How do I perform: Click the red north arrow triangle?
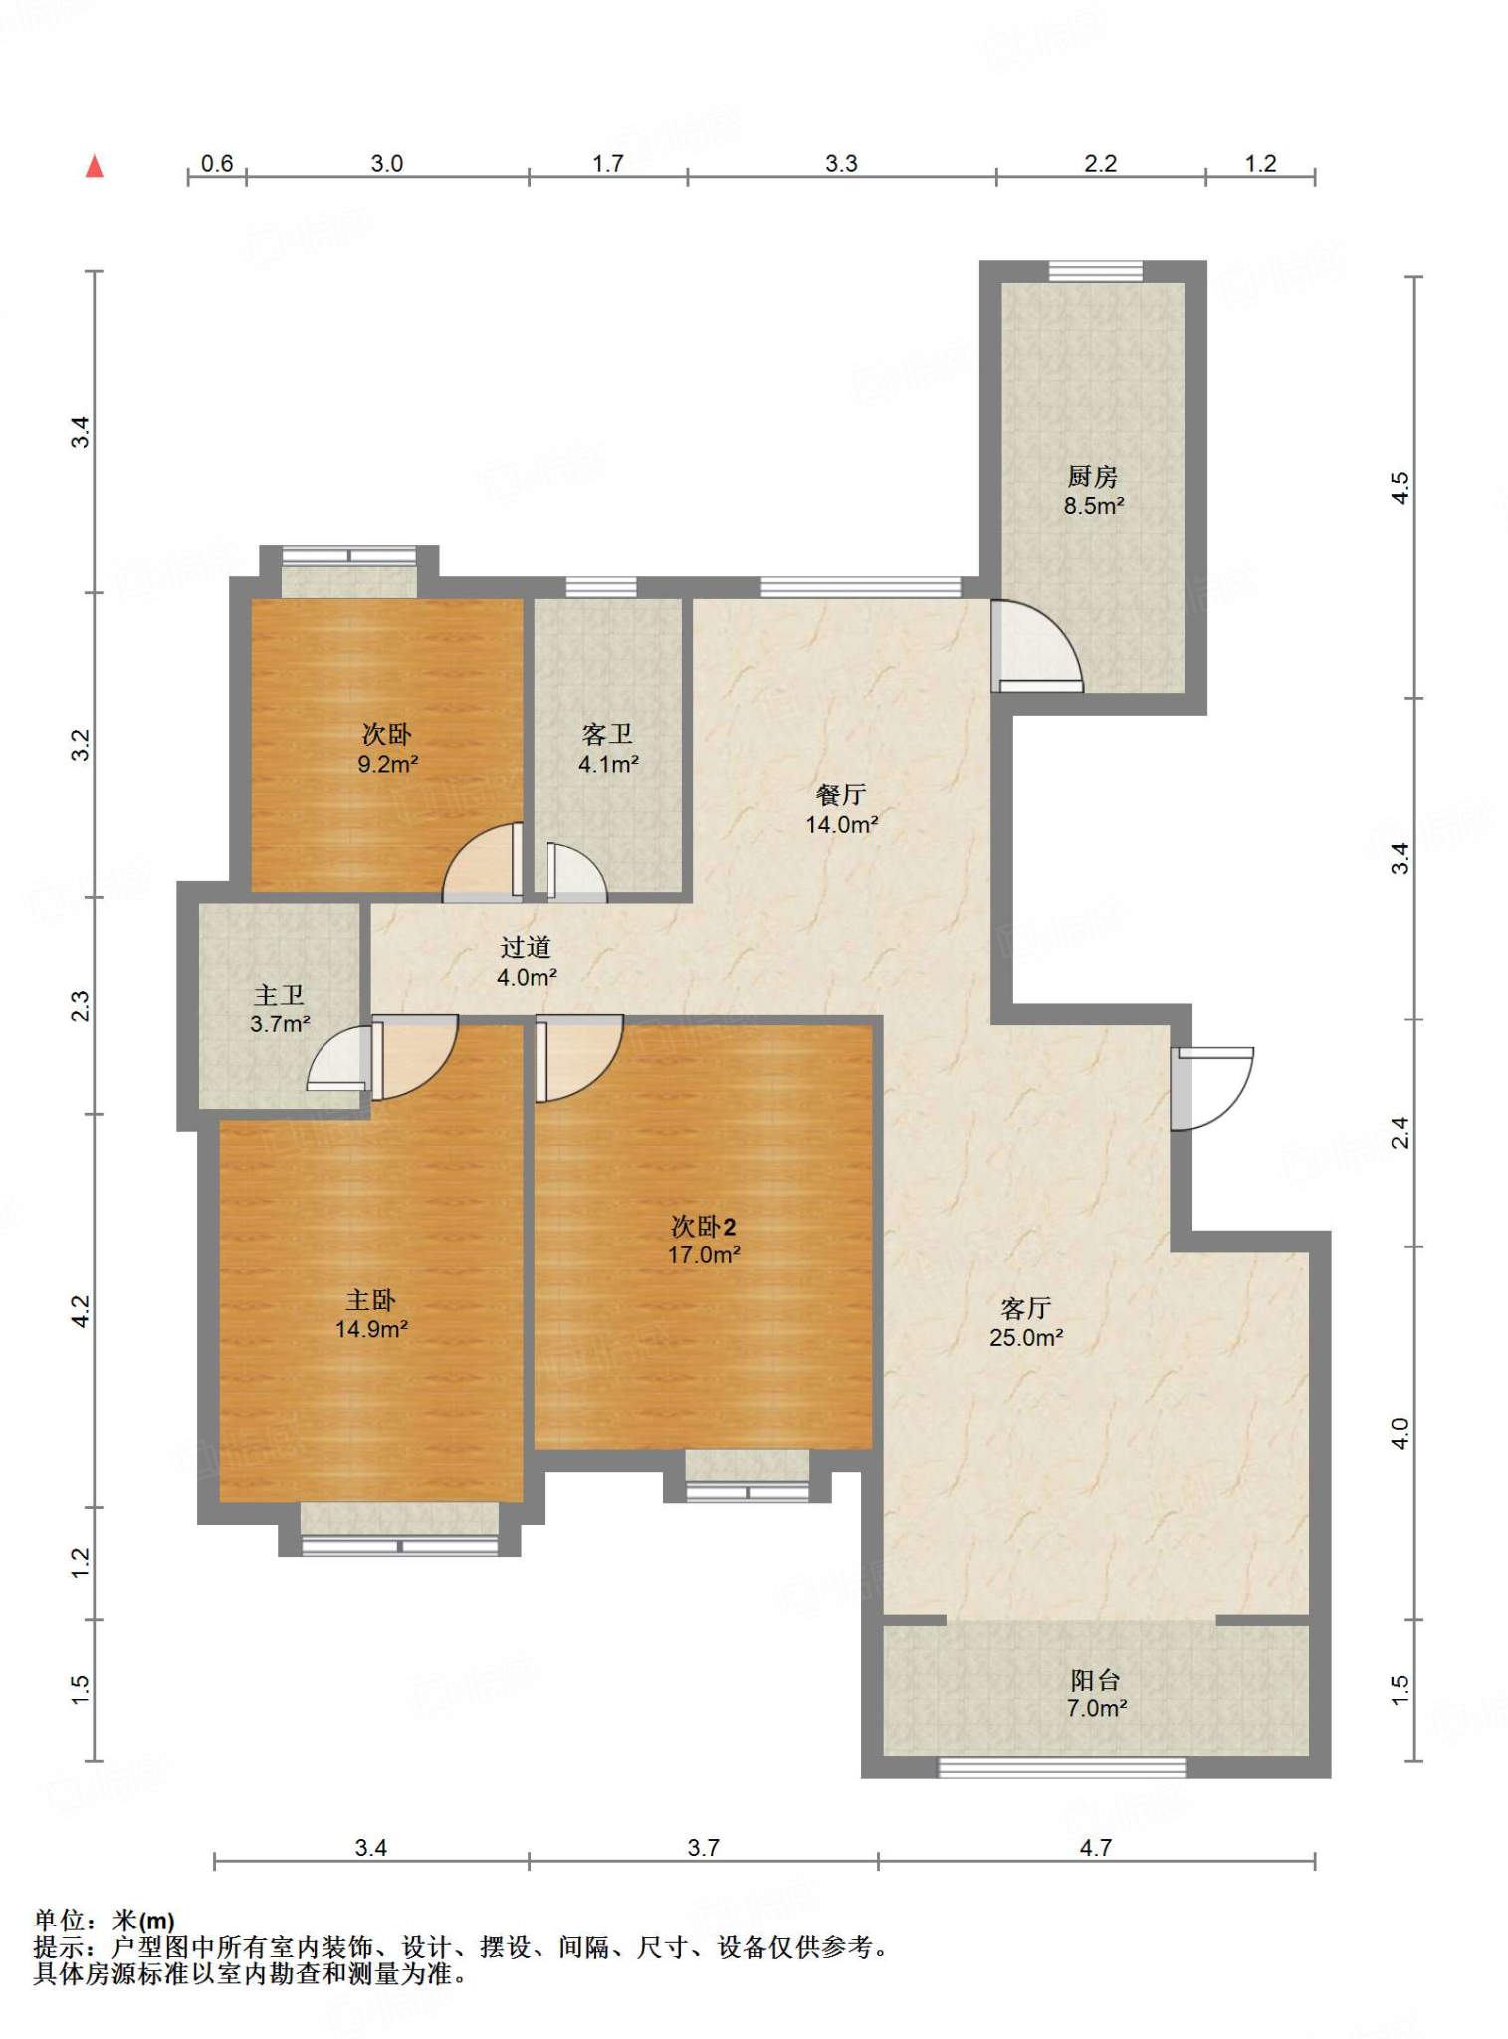pos(95,166)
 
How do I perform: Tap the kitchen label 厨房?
pos(1093,477)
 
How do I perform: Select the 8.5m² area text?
pos(1094,506)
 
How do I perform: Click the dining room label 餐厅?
pos(841,794)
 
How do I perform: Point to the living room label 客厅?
pos(1026,1308)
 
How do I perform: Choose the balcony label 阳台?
pos(1096,1680)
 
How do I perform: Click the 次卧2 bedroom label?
pos(703,1226)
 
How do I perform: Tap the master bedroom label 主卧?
pos(371,1299)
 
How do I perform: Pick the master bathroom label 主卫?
pos(279,995)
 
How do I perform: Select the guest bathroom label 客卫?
pos(607,734)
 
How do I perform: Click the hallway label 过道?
pos(526,947)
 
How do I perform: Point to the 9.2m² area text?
pos(388,765)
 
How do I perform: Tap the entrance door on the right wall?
pos(1211,1088)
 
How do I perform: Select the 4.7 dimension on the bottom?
pos(1095,1848)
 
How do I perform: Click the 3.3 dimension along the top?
pos(841,163)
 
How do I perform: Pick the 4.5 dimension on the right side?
pos(1400,487)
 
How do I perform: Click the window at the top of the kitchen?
pos(1095,271)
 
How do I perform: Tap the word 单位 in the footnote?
pos(59,1920)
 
